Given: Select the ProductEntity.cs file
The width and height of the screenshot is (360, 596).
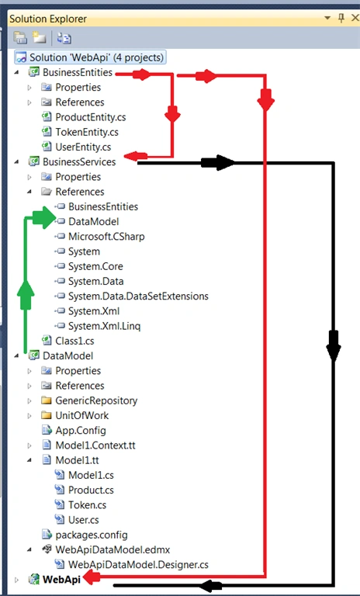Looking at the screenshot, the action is [x=91, y=117].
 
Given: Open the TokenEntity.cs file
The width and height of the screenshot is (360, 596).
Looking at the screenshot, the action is [x=87, y=132].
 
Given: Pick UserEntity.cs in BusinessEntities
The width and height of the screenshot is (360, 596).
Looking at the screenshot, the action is [x=83, y=147].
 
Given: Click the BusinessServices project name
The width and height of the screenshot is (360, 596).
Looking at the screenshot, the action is [x=79, y=162].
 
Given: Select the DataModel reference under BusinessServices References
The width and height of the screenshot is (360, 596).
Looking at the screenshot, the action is [x=94, y=222].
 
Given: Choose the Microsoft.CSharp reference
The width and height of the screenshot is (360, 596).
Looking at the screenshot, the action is [x=106, y=237].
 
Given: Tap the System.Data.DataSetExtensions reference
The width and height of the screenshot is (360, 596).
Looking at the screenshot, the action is [x=138, y=296].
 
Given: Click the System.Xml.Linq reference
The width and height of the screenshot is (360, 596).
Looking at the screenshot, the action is [x=104, y=326].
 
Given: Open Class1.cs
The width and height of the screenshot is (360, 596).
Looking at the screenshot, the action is [x=74, y=341].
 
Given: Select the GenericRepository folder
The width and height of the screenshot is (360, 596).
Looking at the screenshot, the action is [x=96, y=400].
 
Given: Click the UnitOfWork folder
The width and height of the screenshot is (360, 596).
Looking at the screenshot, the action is [x=81, y=415].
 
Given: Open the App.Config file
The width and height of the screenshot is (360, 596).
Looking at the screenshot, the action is [x=81, y=430].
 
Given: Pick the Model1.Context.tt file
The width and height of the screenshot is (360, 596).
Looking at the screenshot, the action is [x=95, y=445].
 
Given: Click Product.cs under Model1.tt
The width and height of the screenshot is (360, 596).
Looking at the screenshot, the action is [x=91, y=490].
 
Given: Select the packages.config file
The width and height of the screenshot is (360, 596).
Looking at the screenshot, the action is [x=92, y=535].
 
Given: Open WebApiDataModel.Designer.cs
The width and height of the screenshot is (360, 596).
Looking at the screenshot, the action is [x=138, y=564].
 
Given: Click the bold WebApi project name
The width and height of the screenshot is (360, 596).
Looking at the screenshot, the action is [x=61, y=579].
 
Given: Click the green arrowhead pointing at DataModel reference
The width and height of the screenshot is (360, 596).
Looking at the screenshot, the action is [x=44, y=218].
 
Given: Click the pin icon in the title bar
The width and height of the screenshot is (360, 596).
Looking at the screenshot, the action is [x=341, y=18].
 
